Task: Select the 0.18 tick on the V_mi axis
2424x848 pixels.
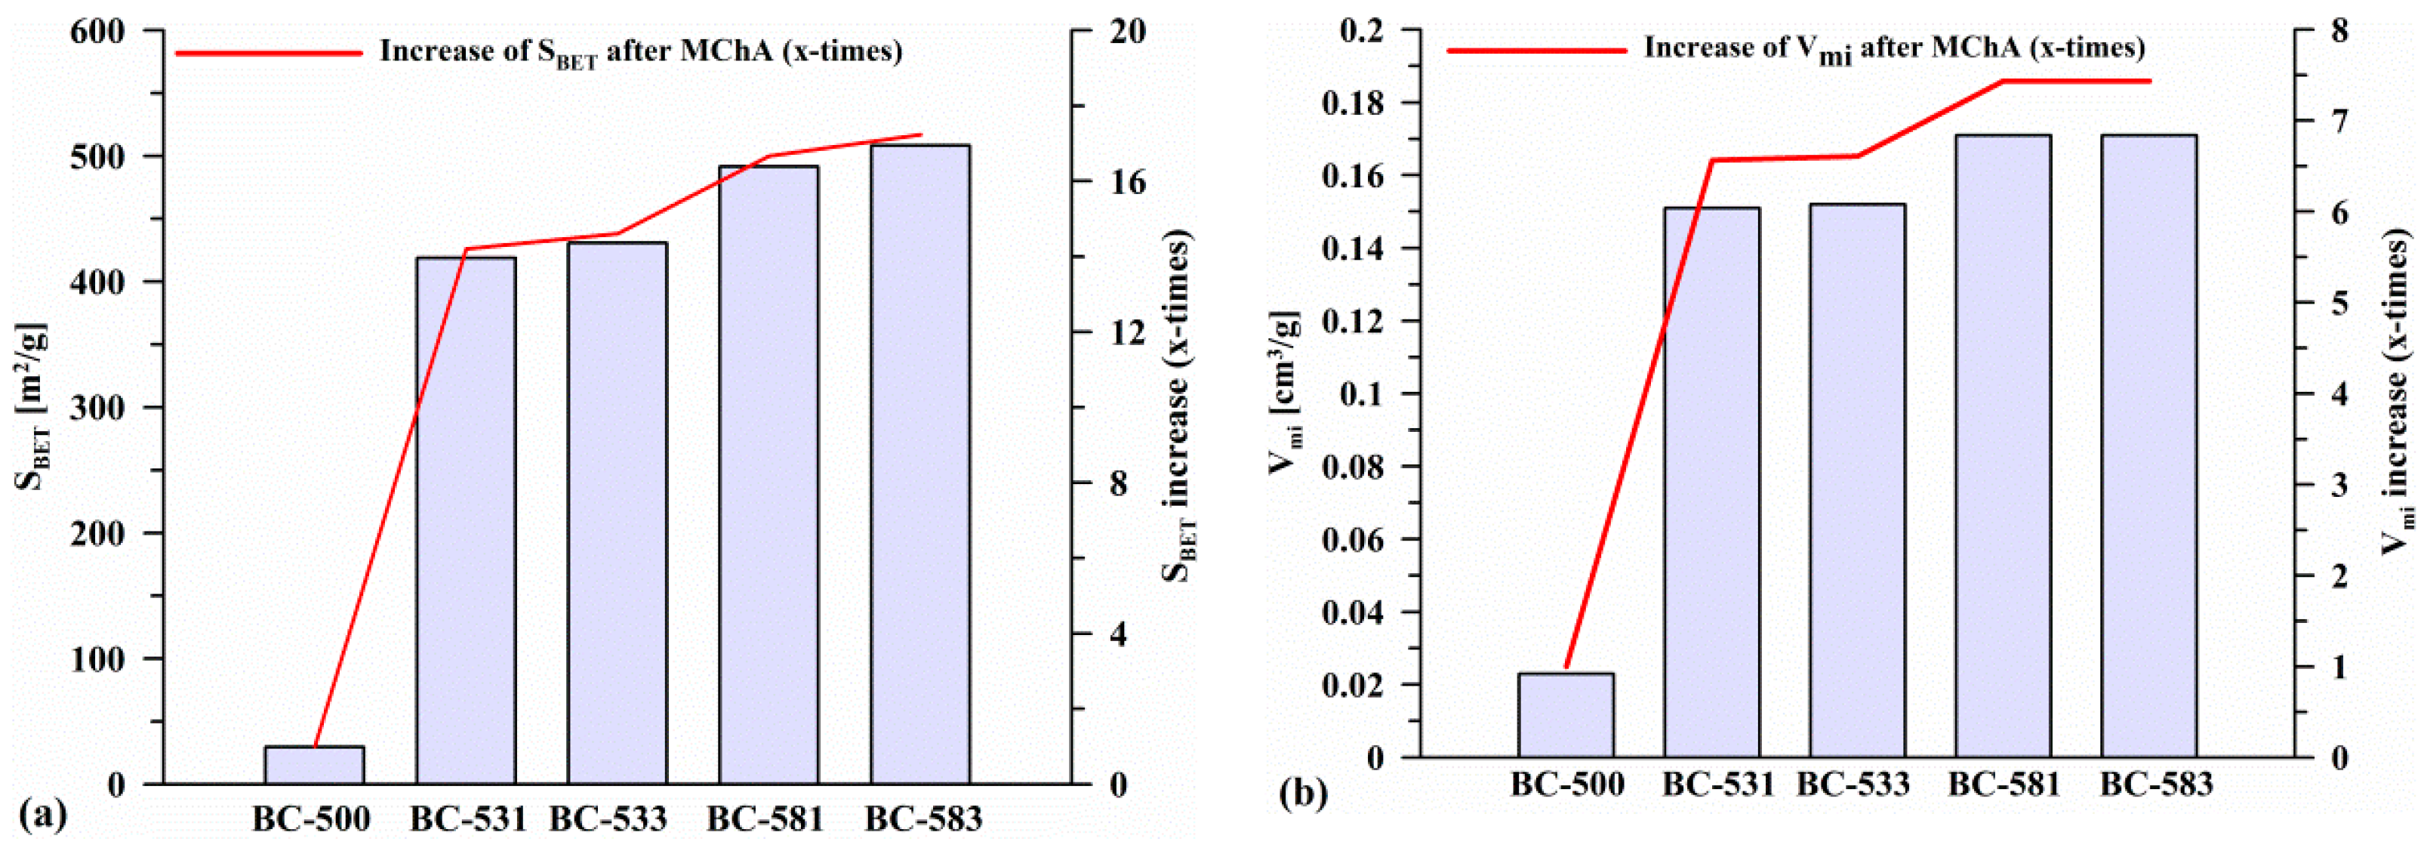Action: pos(1355,103)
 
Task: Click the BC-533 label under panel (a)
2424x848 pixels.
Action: pos(608,819)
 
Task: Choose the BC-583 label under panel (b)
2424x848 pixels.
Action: pos(2156,784)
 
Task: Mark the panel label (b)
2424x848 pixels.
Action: pos(1303,794)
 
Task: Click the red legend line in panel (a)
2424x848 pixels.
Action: pos(268,53)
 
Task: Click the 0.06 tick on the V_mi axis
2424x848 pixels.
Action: pos(1355,539)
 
